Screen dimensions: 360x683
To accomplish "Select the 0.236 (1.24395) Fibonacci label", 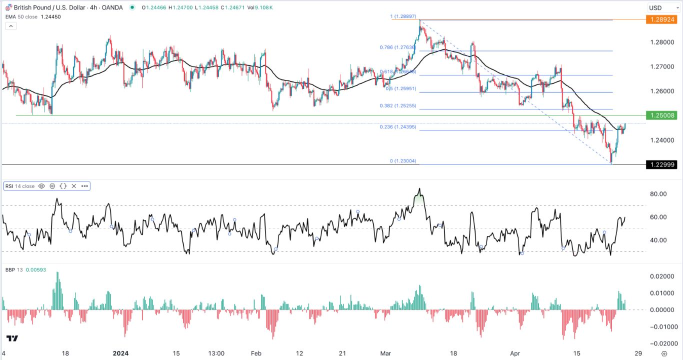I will coord(397,127).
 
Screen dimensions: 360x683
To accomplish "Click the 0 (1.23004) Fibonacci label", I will coord(403,161).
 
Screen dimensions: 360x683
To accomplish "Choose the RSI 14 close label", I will coord(20,186).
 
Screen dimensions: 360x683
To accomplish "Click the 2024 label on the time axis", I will coord(120,353).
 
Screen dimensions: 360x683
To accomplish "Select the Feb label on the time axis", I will coord(256,353).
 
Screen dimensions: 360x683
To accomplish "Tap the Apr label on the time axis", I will coord(515,353).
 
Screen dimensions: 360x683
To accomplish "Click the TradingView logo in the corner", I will coord(12,338).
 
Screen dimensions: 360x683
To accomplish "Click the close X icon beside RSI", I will coord(74,186).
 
